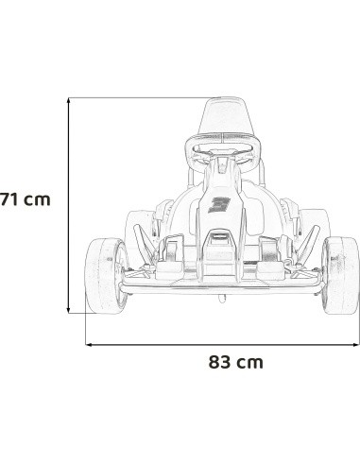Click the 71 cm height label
click(26, 199)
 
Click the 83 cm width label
click(235, 362)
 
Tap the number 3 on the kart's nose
click(219, 205)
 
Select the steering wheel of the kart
click(223, 153)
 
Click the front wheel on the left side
click(107, 276)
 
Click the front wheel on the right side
click(340, 276)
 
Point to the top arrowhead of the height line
click(69, 100)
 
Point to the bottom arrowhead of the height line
click(69, 311)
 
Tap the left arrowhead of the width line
click(89, 345)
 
